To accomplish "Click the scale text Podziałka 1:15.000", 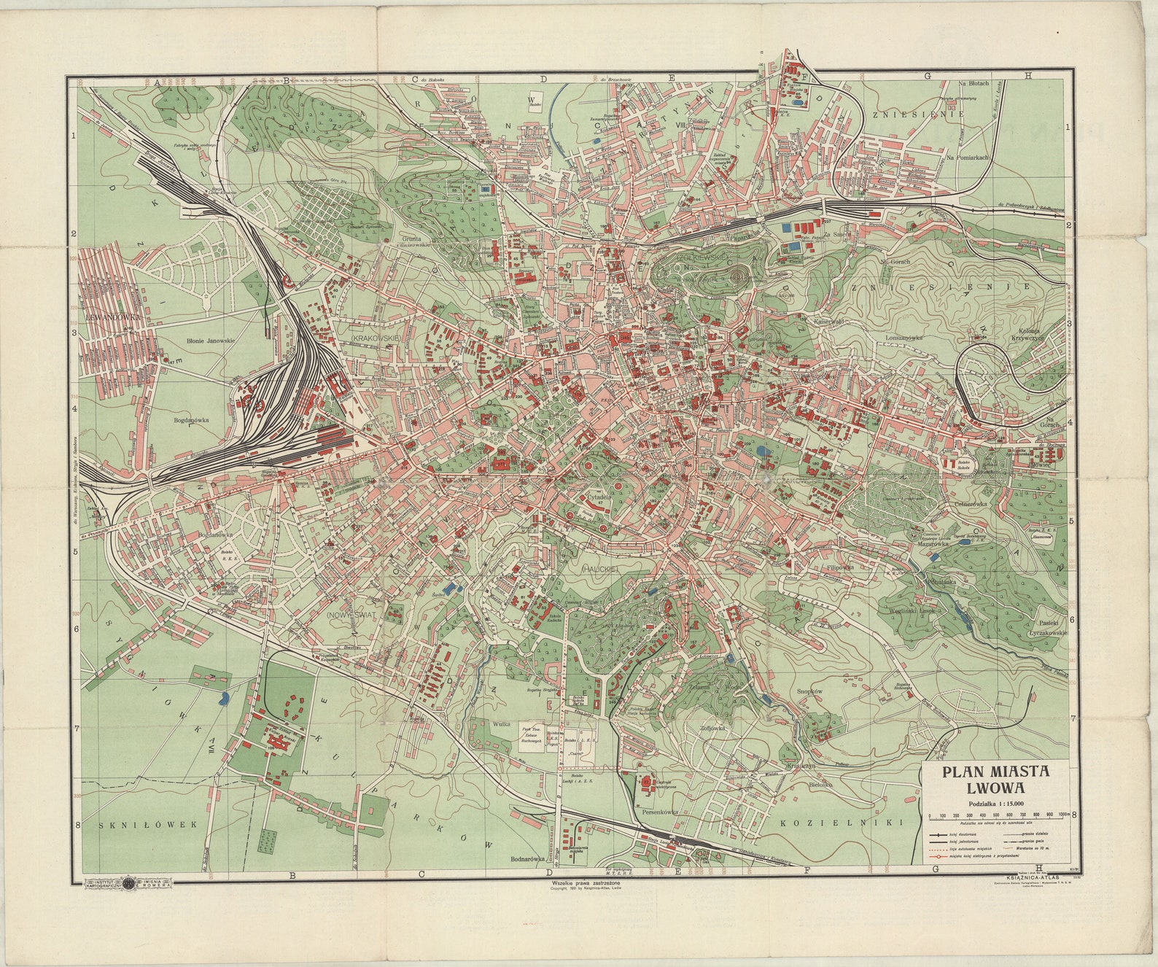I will click(x=996, y=804).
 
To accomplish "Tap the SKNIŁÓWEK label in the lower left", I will click(x=149, y=824).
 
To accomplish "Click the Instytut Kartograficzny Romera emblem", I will click(x=128, y=884).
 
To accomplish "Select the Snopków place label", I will click(x=809, y=691).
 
